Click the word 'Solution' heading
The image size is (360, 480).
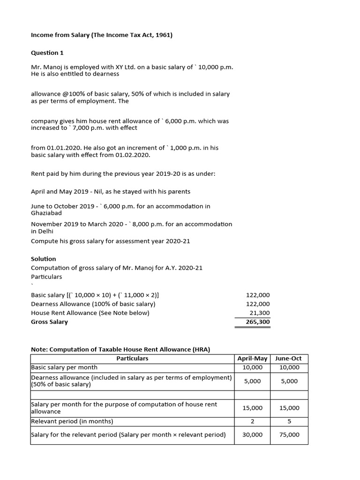coord(43,259)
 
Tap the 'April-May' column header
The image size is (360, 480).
coord(252,358)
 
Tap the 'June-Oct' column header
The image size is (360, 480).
coord(289,358)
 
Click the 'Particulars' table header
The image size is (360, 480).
coord(132,358)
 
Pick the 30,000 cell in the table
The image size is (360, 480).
coord(252,435)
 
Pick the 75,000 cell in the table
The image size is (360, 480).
coord(289,435)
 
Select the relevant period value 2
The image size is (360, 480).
coord(252,421)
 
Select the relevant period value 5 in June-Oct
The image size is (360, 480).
coord(289,421)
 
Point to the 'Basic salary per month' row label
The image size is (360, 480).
coord(64,367)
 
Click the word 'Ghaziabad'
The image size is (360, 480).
coord(46,213)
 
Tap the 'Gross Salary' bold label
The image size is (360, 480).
coord(49,322)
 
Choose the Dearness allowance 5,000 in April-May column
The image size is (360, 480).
coord(252,381)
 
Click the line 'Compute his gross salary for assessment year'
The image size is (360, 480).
coord(110,241)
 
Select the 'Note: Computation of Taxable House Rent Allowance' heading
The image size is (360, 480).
coord(120,349)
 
